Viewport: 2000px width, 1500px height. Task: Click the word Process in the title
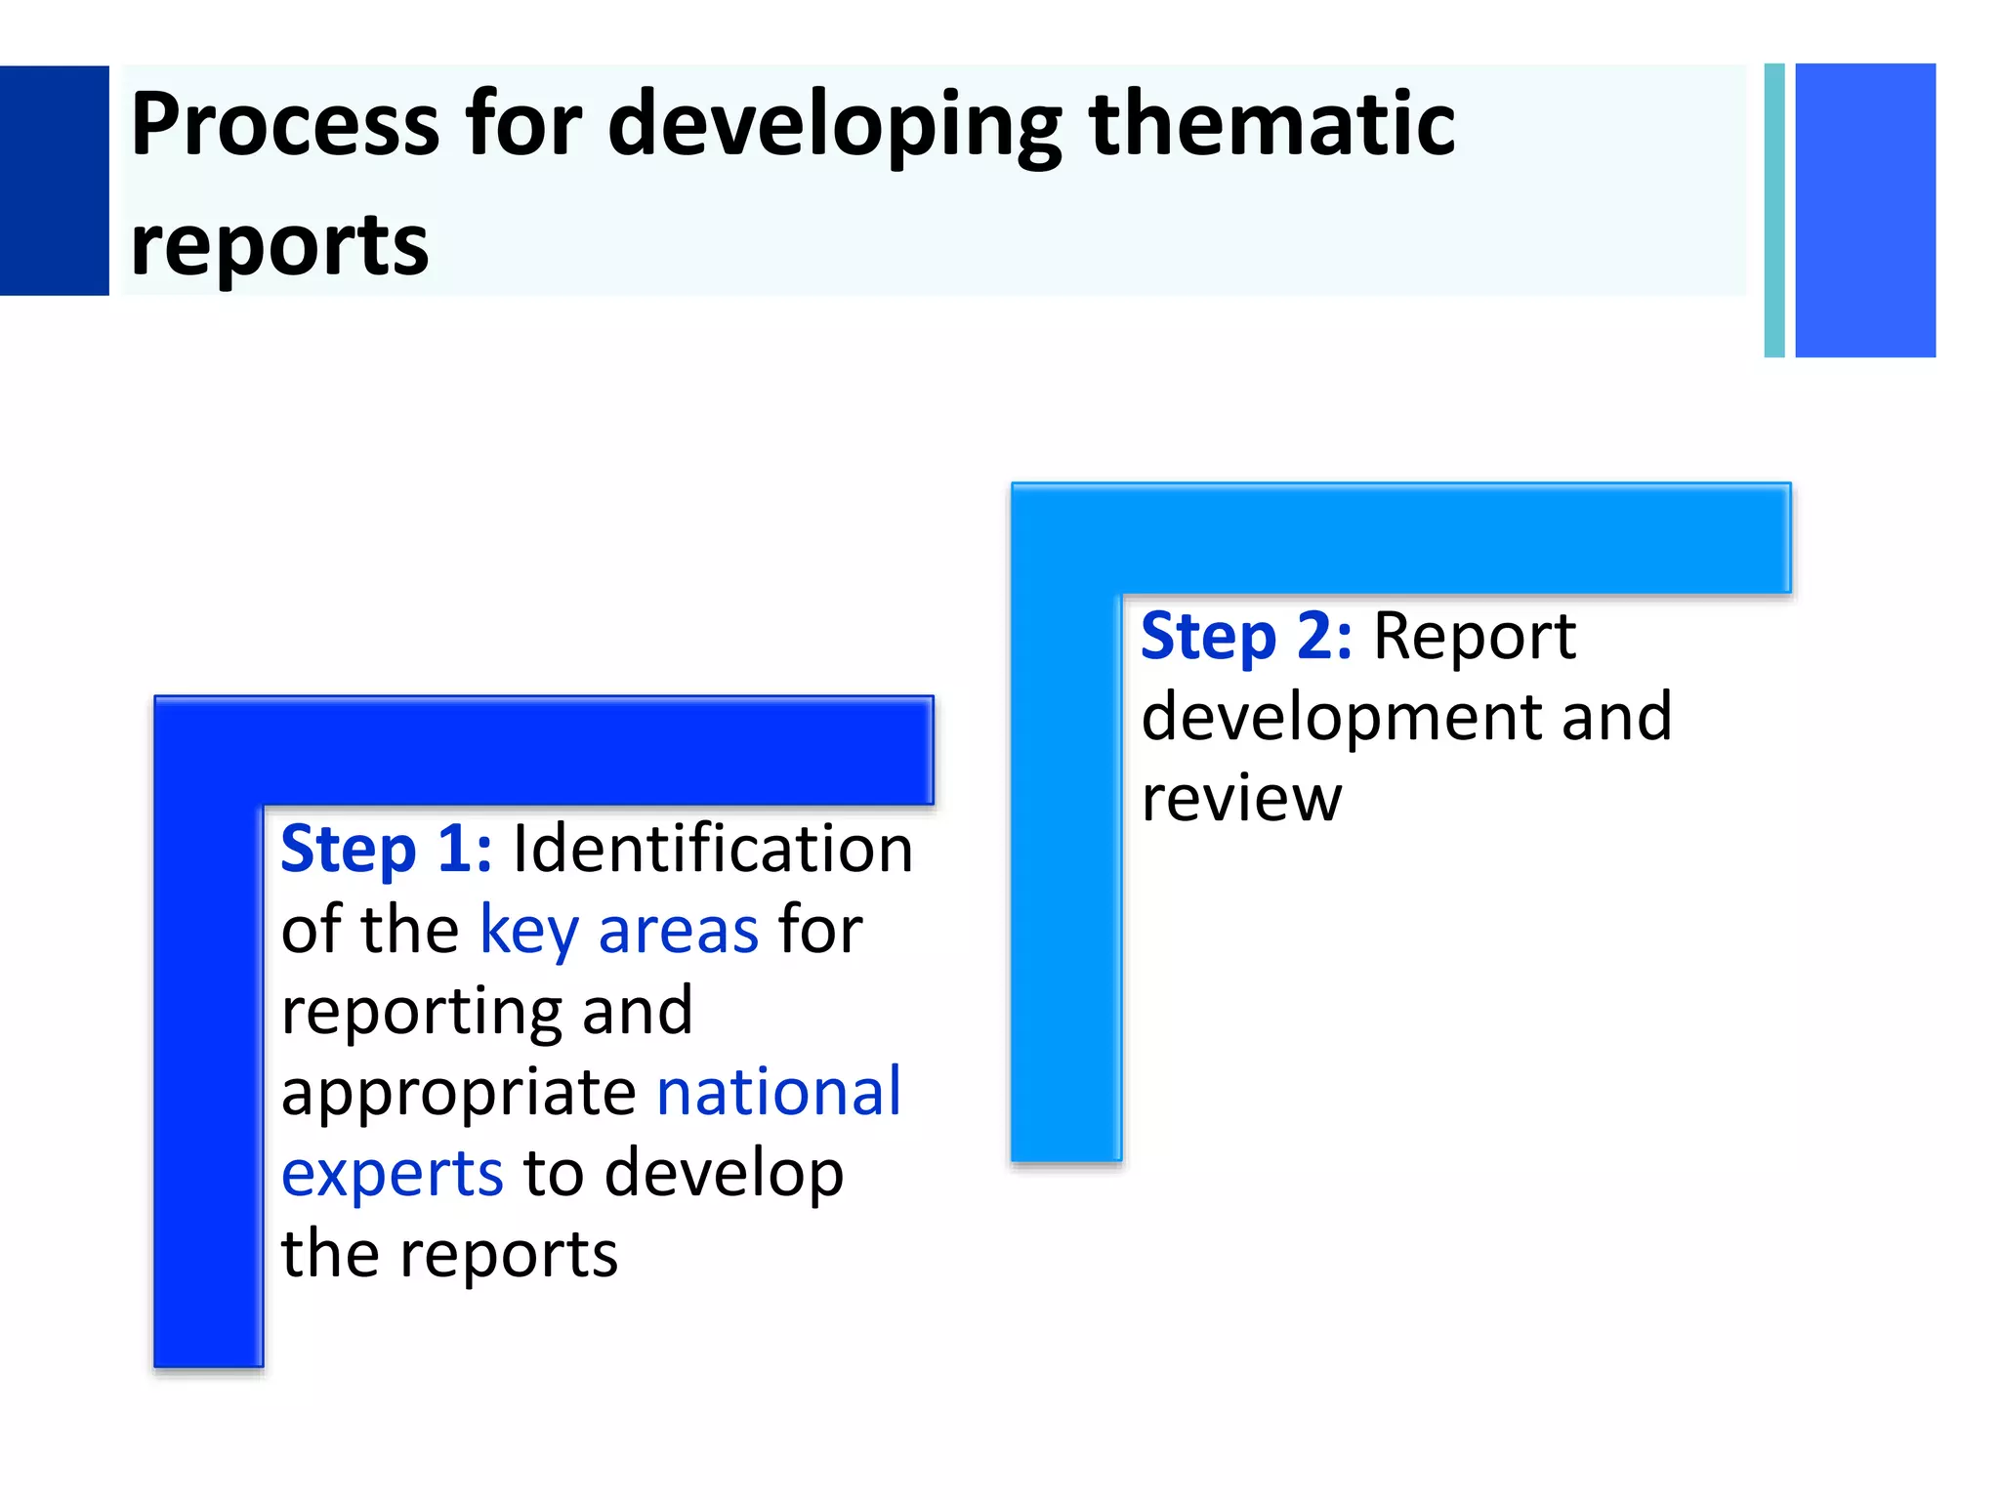coord(285,124)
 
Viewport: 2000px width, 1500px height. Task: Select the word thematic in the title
coord(1271,124)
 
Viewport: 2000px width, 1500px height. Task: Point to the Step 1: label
coord(386,849)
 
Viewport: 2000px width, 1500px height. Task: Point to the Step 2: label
coord(1246,637)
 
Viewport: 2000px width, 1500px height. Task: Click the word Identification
coord(713,849)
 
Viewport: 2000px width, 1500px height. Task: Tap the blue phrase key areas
coord(619,931)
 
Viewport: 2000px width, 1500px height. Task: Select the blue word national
coord(778,1092)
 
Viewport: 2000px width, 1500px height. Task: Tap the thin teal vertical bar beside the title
coord(1774,210)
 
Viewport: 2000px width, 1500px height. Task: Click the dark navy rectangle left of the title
coord(54,181)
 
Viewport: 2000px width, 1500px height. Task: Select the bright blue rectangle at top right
coord(1864,210)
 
